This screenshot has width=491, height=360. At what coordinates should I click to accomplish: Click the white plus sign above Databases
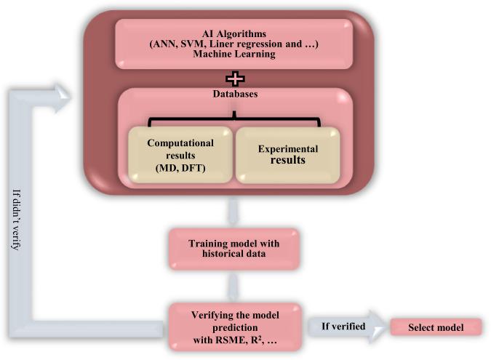(235, 77)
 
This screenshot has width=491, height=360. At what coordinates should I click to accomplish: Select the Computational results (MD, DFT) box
(180, 155)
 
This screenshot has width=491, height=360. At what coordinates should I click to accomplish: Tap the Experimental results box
(287, 154)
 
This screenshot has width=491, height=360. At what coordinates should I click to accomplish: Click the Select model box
(436, 327)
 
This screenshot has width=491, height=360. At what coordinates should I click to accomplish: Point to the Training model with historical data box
(233, 249)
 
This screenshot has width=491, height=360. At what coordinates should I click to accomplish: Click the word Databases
(235, 95)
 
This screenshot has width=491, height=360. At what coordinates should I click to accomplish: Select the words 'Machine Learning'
(234, 53)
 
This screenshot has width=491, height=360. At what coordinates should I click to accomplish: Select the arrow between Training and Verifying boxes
(233, 286)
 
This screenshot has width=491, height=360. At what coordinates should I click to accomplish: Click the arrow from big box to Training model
(233, 212)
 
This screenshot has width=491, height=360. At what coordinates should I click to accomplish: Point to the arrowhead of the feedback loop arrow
(63, 91)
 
